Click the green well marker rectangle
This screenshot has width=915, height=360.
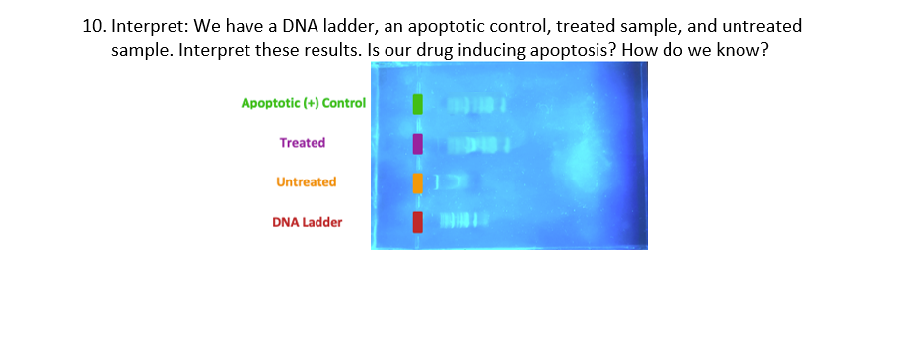(x=417, y=104)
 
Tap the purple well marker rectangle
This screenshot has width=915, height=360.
(x=417, y=144)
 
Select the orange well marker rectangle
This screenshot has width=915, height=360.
(x=417, y=182)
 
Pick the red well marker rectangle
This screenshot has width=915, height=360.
(x=417, y=222)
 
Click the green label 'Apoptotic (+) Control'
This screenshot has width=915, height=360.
(x=303, y=103)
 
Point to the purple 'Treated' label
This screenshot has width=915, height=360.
(x=302, y=143)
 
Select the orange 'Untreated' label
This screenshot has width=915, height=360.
(x=306, y=182)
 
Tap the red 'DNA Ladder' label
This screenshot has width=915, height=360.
(x=307, y=222)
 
